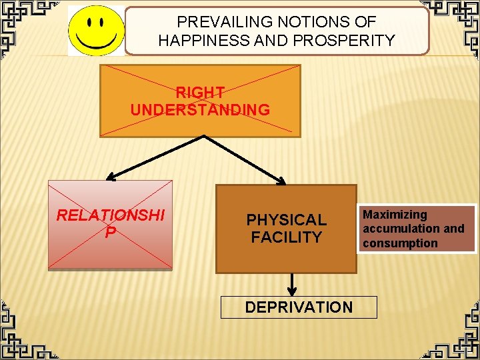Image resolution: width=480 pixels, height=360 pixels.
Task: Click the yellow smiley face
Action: pyautogui.click(x=95, y=31)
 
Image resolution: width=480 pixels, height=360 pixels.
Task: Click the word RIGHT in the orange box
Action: pyautogui.click(x=200, y=92)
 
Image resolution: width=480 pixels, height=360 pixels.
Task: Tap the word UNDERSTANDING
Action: pyautogui.click(x=200, y=109)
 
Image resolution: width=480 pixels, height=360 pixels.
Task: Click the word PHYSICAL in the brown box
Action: pyautogui.click(x=287, y=219)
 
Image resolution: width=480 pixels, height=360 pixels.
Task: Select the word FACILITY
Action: pyautogui.click(x=287, y=237)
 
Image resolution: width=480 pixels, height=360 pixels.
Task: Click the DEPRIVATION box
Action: pyautogui.click(x=299, y=307)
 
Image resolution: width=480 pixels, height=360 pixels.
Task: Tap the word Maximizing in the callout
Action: pyautogui.click(x=395, y=215)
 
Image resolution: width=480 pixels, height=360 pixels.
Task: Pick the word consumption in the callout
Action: pyautogui.click(x=400, y=243)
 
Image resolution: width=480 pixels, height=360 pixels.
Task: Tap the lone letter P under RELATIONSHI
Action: pyautogui.click(x=110, y=231)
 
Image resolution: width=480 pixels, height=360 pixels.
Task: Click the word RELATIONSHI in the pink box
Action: pyautogui.click(x=110, y=215)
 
